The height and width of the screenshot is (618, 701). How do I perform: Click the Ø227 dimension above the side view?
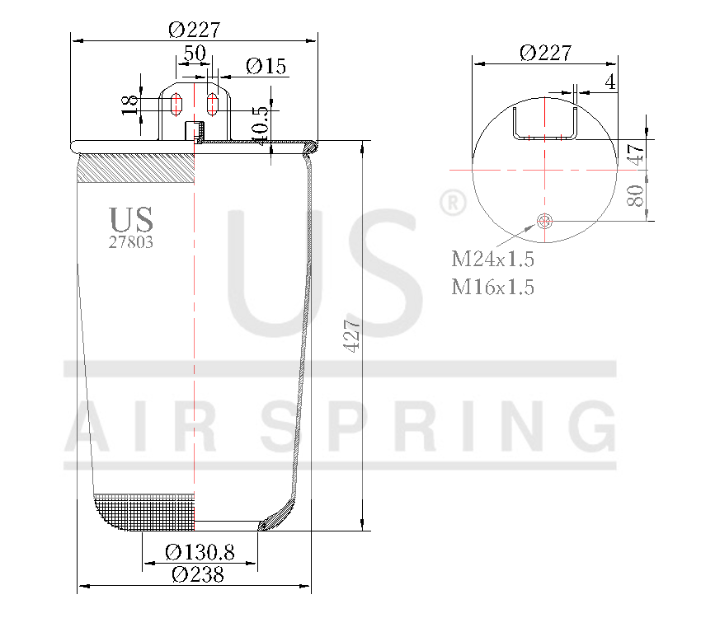(195, 29)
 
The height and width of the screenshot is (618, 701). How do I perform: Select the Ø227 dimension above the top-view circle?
(545, 52)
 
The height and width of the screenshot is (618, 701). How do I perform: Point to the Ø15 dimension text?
(266, 67)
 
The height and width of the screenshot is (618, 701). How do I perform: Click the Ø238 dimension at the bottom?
(198, 574)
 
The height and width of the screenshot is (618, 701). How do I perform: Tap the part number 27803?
(131, 242)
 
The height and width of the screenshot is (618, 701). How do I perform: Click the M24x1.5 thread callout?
(492, 260)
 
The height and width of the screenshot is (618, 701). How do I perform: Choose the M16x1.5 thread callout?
(492, 287)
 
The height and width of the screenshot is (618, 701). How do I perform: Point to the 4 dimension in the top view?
(609, 82)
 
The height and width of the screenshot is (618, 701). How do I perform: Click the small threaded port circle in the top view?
(545, 220)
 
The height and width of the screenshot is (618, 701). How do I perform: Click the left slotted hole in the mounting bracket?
(175, 105)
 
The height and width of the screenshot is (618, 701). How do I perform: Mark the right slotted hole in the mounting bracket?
(213, 105)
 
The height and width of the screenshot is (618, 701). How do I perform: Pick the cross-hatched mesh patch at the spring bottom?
(146, 513)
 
